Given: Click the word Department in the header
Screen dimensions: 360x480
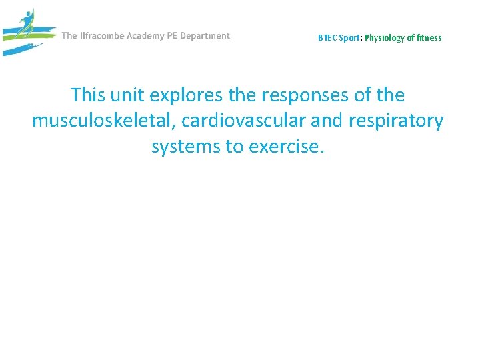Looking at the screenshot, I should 210,36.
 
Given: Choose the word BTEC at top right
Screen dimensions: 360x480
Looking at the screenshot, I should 327,38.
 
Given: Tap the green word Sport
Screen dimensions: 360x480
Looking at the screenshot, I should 350,38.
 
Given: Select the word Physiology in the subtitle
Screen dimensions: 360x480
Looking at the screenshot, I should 385,38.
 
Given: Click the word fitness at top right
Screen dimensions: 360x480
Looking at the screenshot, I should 427,38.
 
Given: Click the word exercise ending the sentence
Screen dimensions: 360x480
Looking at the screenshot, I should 287,147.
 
